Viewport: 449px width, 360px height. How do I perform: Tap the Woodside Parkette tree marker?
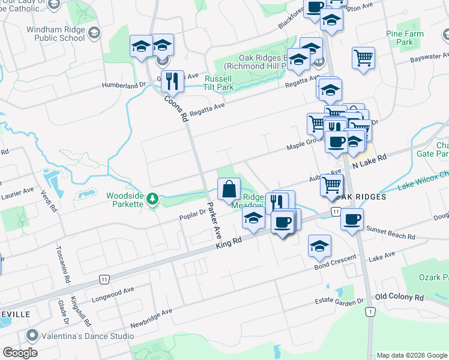(152, 198)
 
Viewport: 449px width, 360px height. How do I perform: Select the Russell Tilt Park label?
(219, 83)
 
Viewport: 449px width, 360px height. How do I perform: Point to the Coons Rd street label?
(175, 108)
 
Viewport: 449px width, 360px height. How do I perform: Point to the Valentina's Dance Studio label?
(80, 336)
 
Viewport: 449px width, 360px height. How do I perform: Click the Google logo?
(20, 352)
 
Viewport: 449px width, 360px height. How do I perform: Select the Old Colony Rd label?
(399, 297)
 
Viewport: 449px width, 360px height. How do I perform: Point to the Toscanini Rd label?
(61, 258)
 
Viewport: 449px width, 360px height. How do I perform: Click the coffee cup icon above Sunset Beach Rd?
(352, 219)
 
